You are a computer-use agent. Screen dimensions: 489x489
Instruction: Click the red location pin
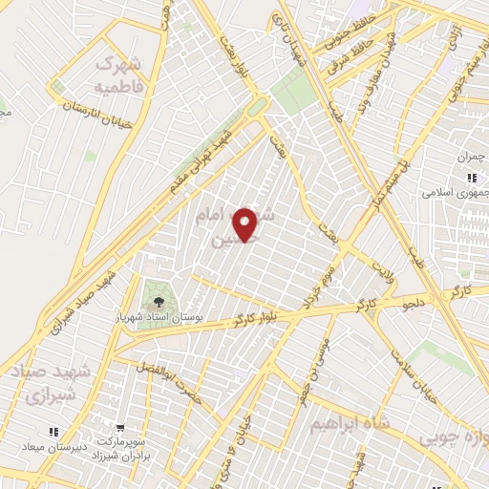click(246, 223)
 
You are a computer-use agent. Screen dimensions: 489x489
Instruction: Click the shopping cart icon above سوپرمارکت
click(120, 429)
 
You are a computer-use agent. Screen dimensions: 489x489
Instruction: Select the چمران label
click(472, 156)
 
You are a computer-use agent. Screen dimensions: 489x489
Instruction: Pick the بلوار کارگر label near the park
click(252, 317)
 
